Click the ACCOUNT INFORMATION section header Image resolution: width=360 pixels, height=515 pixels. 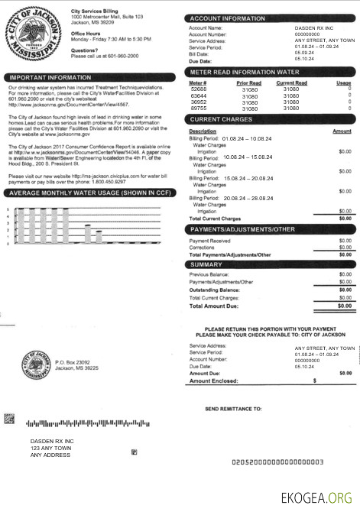point(228,18)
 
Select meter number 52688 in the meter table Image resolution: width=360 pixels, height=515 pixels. point(198,89)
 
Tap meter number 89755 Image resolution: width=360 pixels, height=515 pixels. point(198,109)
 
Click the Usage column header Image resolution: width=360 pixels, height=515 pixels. point(343,82)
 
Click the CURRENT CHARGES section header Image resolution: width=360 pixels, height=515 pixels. point(222,119)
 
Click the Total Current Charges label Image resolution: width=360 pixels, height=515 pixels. point(215,219)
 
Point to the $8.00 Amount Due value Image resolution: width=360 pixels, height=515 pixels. point(345,373)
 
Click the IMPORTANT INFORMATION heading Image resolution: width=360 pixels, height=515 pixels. point(48,77)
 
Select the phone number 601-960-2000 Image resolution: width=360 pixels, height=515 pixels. point(122,56)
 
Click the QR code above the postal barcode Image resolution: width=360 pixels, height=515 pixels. point(9,418)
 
